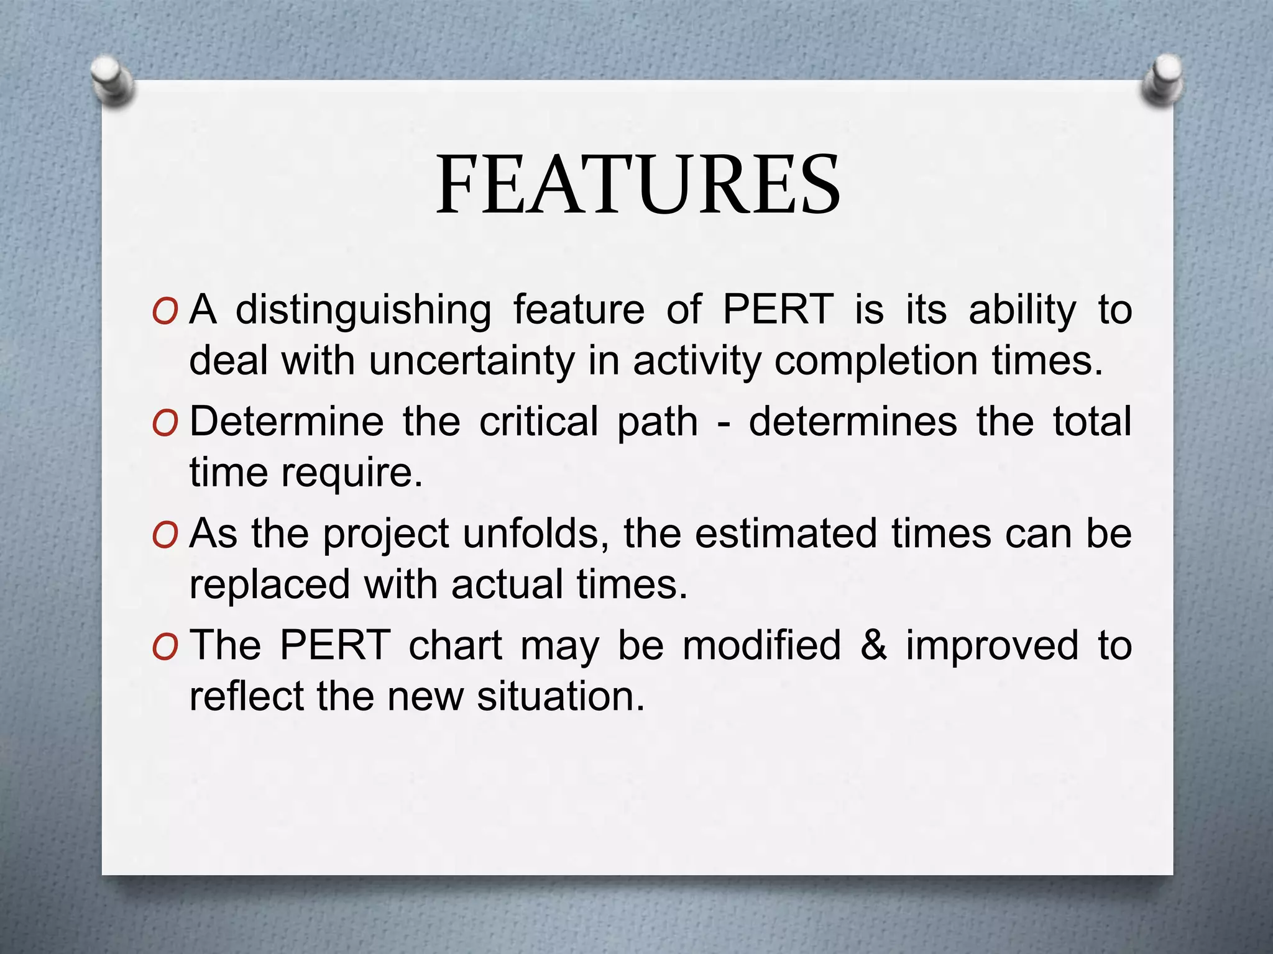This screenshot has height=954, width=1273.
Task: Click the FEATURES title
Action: [638, 185]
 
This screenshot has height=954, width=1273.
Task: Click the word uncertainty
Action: [471, 361]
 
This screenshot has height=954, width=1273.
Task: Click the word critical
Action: [538, 422]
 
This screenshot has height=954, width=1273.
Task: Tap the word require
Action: [352, 473]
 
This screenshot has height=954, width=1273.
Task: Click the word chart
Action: [455, 645]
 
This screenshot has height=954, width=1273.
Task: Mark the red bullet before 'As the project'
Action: [164, 536]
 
